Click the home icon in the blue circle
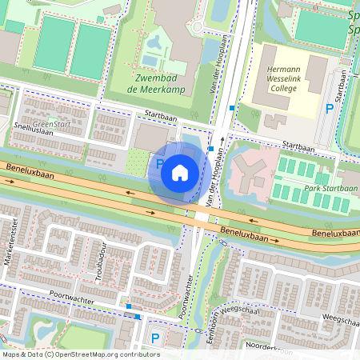(180, 172)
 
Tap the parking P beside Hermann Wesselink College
(329, 109)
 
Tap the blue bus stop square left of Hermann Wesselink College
(232, 107)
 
